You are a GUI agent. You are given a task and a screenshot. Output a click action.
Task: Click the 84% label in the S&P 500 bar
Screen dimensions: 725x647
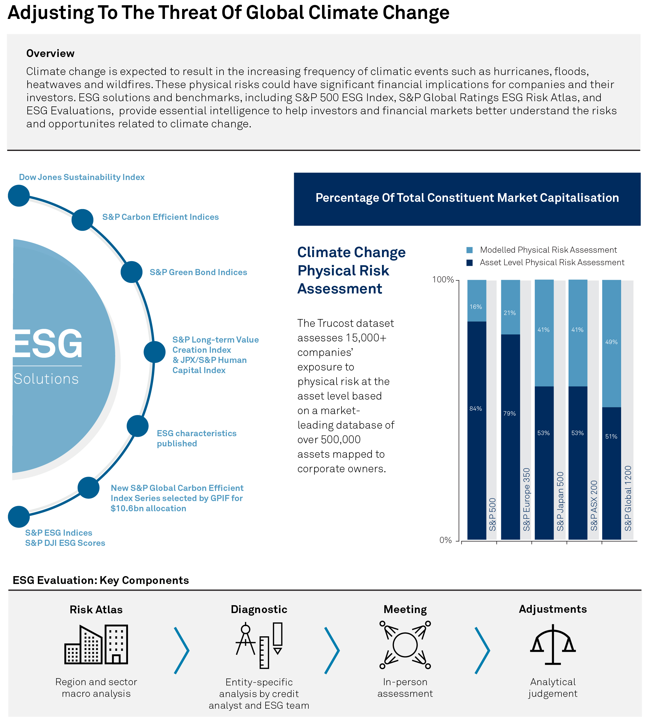pyautogui.click(x=476, y=409)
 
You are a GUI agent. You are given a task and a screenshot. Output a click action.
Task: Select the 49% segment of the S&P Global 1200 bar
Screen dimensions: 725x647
pyautogui.click(x=611, y=342)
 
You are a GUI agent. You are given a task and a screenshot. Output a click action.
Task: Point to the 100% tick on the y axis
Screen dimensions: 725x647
pyautogui.click(x=443, y=280)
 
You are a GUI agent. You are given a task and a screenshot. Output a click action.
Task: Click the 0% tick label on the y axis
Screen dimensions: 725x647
pyautogui.click(x=445, y=541)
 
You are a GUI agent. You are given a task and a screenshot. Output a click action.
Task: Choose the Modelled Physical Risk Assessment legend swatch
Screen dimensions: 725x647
pyautogui.click(x=469, y=250)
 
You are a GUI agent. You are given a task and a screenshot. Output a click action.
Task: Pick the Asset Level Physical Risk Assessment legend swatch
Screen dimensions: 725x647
pyautogui.click(x=469, y=263)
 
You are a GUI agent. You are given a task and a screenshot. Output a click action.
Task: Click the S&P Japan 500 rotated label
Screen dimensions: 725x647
pyautogui.click(x=560, y=501)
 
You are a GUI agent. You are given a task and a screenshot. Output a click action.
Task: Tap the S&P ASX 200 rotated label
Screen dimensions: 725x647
pyautogui.click(x=594, y=506)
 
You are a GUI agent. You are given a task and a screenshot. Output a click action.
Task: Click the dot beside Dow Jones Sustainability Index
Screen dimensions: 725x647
pyautogui.click(x=19, y=195)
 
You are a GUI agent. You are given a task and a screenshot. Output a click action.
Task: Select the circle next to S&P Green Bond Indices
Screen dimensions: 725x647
pyautogui.click(x=131, y=272)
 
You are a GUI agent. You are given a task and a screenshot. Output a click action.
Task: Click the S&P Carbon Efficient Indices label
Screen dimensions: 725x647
pyautogui.click(x=160, y=217)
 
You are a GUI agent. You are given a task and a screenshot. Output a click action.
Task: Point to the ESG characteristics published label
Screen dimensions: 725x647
pyautogui.click(x=196, y=439)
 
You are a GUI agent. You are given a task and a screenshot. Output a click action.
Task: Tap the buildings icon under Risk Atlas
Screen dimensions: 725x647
pyautogui.click(x=96, y=644)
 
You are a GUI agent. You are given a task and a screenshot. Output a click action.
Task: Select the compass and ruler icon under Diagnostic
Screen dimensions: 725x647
pyautogui.click(x=259, y=645)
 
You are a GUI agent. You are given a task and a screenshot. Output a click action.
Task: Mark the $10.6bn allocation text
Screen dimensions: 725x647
pyautogui.click(x=148, y=509)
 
